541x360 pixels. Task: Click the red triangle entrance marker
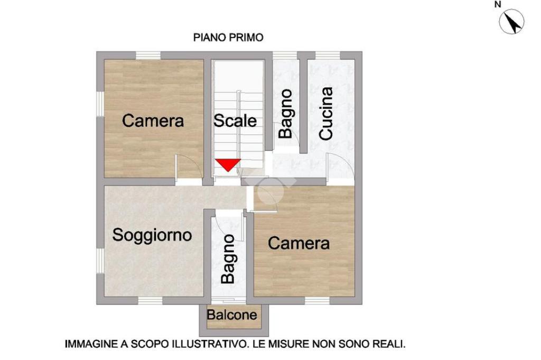(x=228, y=164)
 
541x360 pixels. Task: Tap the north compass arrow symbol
(x=511, y=21)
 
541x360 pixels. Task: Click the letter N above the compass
(x=498, y=4)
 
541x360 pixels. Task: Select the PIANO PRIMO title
(x=228, y=38)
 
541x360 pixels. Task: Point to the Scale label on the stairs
(x=235, y=121)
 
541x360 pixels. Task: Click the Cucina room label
(x=326, y=114)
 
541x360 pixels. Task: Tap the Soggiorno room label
(x=152, y=235)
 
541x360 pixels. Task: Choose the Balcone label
(x=232, y=315)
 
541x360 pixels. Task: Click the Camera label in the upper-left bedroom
(x=153, y=121)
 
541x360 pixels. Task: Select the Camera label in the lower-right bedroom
(x=299, y=243)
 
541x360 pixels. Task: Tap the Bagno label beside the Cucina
(x=286, y=114)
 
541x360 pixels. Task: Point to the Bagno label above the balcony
(x=228, y=259)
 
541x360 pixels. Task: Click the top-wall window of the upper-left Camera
(x=148, y=56)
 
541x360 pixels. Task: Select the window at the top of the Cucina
(x=328, y=56)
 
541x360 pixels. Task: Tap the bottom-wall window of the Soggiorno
(x=151, y=300)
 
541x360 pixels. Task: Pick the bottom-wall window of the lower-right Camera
(x=318, y=300)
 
